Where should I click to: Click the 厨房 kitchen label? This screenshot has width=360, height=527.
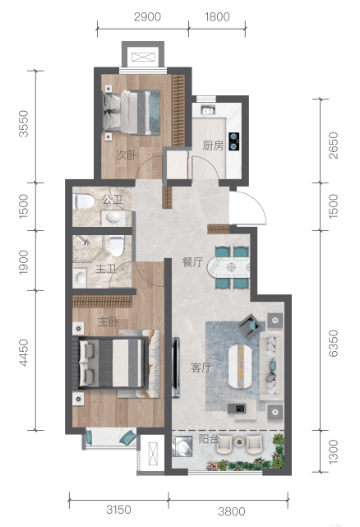tap(213, 146)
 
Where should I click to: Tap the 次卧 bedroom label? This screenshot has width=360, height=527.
tap(127, 155)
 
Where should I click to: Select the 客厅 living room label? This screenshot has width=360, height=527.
tap(201, 368)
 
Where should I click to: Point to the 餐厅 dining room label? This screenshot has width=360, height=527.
tap(192, 262)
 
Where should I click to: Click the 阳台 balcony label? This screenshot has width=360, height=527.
tap(209, 439)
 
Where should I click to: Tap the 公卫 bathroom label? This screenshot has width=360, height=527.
tap(113, 200)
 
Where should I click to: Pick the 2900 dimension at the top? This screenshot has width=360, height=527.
tap(147, 16)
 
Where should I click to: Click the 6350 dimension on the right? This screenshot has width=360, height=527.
tap(333, 343)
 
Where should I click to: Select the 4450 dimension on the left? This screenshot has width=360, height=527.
tap(24, 353)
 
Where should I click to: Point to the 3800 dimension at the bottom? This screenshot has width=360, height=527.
tap(232, 511)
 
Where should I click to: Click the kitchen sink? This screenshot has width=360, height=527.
tap(208, 109)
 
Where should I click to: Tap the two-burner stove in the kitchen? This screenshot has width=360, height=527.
tap(234, 141)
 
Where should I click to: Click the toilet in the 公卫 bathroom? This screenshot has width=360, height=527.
tap(83, 201)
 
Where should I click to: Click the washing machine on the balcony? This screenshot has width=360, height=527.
tap(182, 446)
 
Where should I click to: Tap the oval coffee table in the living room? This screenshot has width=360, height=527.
tap(240, 367)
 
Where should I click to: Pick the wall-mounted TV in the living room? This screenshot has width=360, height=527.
tap(176, 367)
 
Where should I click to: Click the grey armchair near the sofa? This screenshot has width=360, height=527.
tap(251, 325)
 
